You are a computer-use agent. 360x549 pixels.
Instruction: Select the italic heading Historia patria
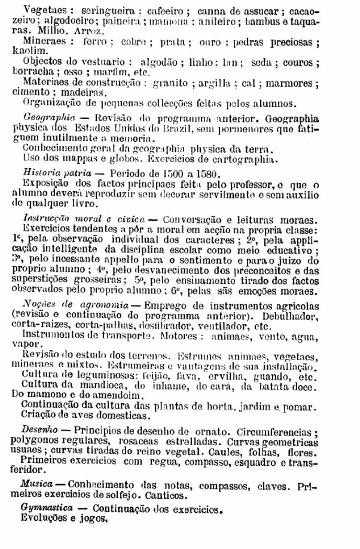tap(55, 172)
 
